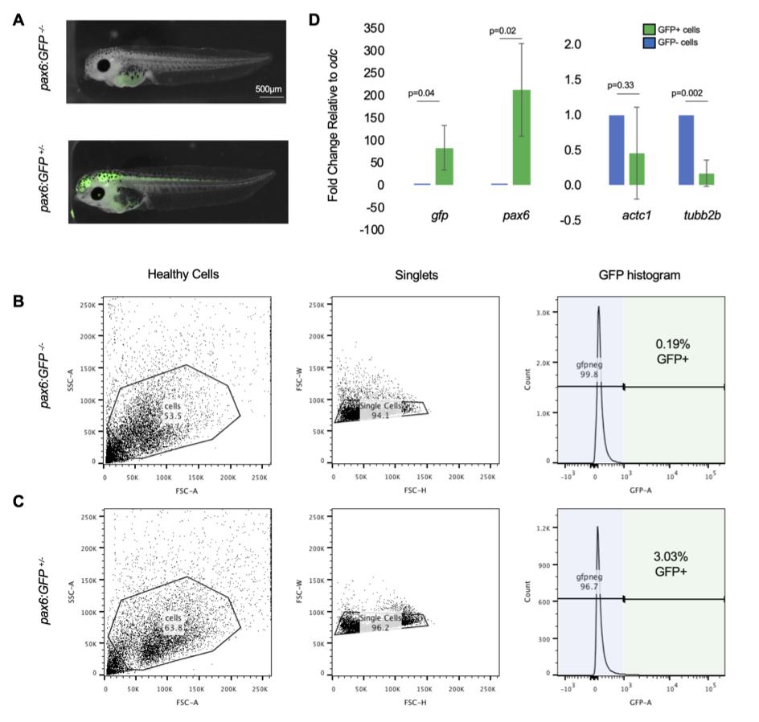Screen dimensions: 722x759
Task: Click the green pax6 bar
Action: tap(521, 137)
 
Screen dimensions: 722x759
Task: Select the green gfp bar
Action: tap(444, 166)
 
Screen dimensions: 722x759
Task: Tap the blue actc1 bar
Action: tap(616, 150)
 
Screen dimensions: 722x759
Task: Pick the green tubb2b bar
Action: tap(706, 178)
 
